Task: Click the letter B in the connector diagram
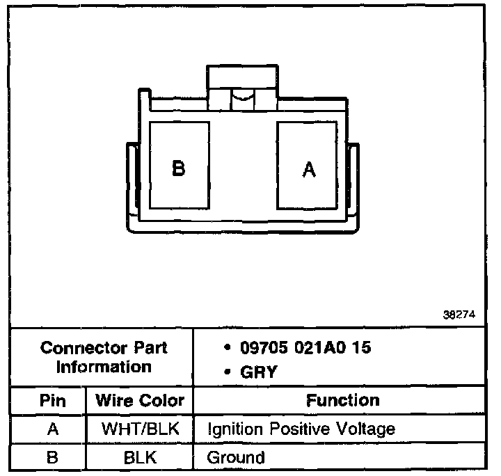pyautogui.click(x=179, y=168)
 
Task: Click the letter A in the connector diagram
pyautogui.click(x=309, y=169)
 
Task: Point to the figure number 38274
pyautogui.click(x=459, y=315)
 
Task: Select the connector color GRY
pyautogui.click(x=258, y=372)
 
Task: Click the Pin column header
pyautogui.click(x=51, y=400)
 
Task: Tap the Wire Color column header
pyautogui.click(x=140, y=400)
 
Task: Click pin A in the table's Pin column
pyautogui.click(x=51, y=429)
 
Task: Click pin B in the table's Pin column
pyautogui.click(x=51, y=457)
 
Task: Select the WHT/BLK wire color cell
pyautogui.click(x=140, y=429)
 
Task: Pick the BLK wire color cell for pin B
pyautogui.click(x=140, y=457)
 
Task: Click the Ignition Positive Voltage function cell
pyautogui.click(x=301, y=429)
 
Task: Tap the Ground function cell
pyautogui.click(x=236, y=457)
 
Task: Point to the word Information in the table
pyautogui.click(x=104, y=366)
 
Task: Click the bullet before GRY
pyautogui.click(x=227, y=372)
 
